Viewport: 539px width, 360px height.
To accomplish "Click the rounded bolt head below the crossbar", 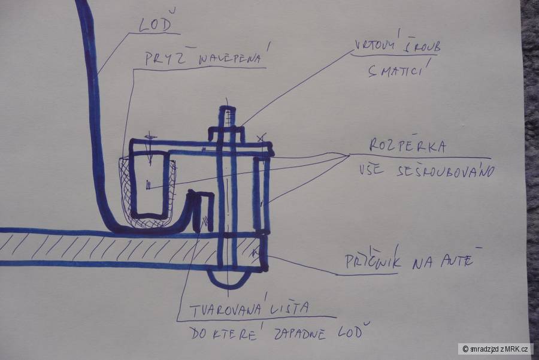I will [x=228, y=277].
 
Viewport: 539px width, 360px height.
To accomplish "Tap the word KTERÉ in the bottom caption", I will [x=231, y=333].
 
